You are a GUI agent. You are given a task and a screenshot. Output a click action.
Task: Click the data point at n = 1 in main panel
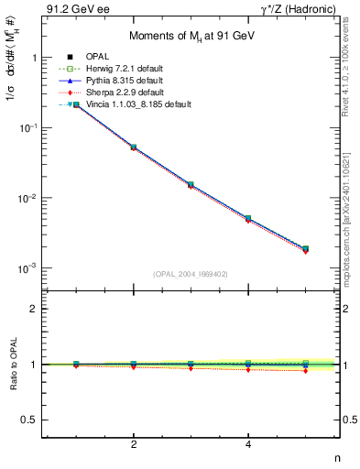click(76, 105)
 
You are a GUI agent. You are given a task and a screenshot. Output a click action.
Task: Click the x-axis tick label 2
click(134, 445)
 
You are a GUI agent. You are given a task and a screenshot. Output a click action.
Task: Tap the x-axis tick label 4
click(248, 445)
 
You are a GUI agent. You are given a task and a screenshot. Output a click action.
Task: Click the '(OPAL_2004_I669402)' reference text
click(191, 273)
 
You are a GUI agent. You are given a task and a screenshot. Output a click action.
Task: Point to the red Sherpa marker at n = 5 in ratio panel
click(305, 370)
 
